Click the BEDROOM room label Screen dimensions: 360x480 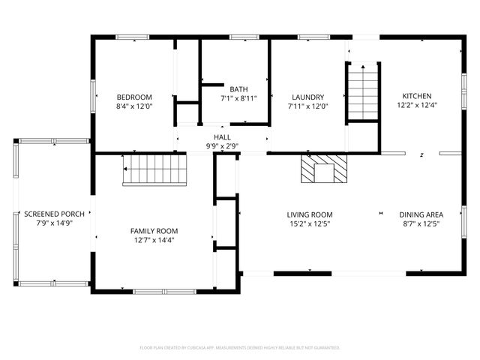(134, 97)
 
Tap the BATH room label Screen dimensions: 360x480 (238, 88)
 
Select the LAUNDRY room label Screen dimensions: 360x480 (307, 97)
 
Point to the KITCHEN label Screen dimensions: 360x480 (417, 96)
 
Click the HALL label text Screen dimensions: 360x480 (222, 137)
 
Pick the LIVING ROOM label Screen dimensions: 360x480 (310, 214)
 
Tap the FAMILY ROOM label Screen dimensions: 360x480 (154, 230)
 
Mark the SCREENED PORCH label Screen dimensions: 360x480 (54, 214)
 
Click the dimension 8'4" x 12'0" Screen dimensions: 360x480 (134, 106)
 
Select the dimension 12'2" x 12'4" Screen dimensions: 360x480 (417, 106)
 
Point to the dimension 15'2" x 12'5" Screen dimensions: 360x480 (310, 223)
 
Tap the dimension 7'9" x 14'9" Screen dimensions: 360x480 (54, 223)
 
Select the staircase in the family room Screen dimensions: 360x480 (154, 170)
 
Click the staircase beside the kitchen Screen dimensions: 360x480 (363, 91)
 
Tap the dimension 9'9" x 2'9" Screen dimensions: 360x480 (222, 146)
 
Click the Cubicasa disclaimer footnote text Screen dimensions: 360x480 (240, 347)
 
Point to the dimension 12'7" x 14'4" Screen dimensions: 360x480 (154, 240)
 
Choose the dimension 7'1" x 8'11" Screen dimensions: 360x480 (238, 98)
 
